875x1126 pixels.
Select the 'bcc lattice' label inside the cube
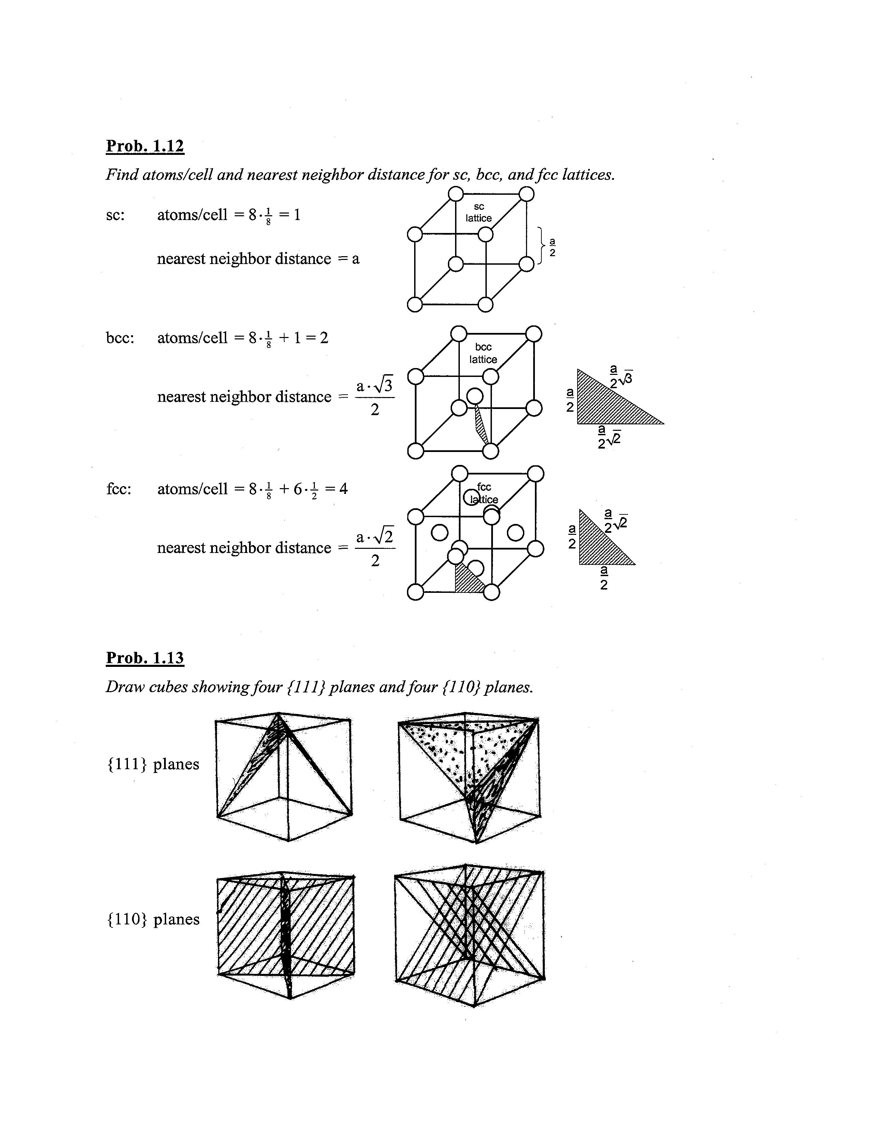(483, 353)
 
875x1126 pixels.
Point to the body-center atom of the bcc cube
(475, 396)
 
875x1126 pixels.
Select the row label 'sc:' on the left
(115, 215)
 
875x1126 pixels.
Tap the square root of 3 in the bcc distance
(386, 386)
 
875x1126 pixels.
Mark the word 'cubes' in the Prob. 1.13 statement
(168, 687)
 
